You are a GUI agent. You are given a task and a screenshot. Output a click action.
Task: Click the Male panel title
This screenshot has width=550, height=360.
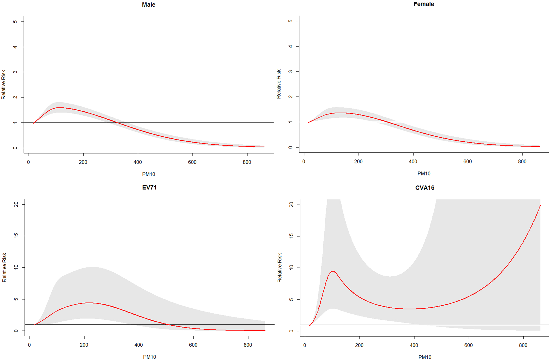pos(148,5)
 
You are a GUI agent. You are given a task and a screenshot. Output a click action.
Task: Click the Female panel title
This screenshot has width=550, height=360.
pos(423,4)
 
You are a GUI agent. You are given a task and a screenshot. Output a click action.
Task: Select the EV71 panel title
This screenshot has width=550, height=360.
pos(149,187)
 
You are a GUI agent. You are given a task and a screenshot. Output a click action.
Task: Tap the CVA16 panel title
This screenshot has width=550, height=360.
pos(424,188)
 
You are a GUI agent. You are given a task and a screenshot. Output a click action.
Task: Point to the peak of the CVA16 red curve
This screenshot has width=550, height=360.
pos(333,271)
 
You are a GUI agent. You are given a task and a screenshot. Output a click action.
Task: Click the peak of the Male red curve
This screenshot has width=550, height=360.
pos(59,108)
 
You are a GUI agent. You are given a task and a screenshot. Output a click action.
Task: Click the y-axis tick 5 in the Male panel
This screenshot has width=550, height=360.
pos(15,22)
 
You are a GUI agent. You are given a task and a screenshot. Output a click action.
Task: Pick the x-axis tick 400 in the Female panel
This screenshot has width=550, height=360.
pos(413,161)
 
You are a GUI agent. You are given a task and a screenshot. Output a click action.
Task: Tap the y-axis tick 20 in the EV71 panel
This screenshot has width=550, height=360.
pos(16,204)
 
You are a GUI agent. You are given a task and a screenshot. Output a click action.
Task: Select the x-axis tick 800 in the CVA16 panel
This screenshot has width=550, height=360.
pos(523,345)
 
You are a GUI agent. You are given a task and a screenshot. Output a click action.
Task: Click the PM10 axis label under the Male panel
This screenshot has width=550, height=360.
pos(148,174)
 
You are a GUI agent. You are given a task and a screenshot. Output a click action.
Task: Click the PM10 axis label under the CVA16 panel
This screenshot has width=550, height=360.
pos(424,357)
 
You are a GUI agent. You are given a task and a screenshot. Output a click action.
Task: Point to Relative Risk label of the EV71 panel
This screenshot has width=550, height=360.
pos(4,267)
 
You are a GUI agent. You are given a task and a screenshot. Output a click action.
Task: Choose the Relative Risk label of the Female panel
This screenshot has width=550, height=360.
pos(279,84)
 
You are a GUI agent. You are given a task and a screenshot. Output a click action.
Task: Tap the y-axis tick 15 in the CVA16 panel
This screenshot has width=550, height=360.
pos(292,236)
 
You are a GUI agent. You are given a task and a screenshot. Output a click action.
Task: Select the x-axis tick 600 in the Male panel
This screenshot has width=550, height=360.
pos(192,162)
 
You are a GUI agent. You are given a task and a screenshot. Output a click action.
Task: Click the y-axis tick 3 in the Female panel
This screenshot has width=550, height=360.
pos(291,71)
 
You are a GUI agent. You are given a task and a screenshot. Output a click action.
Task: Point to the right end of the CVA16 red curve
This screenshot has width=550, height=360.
pos(540,205)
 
